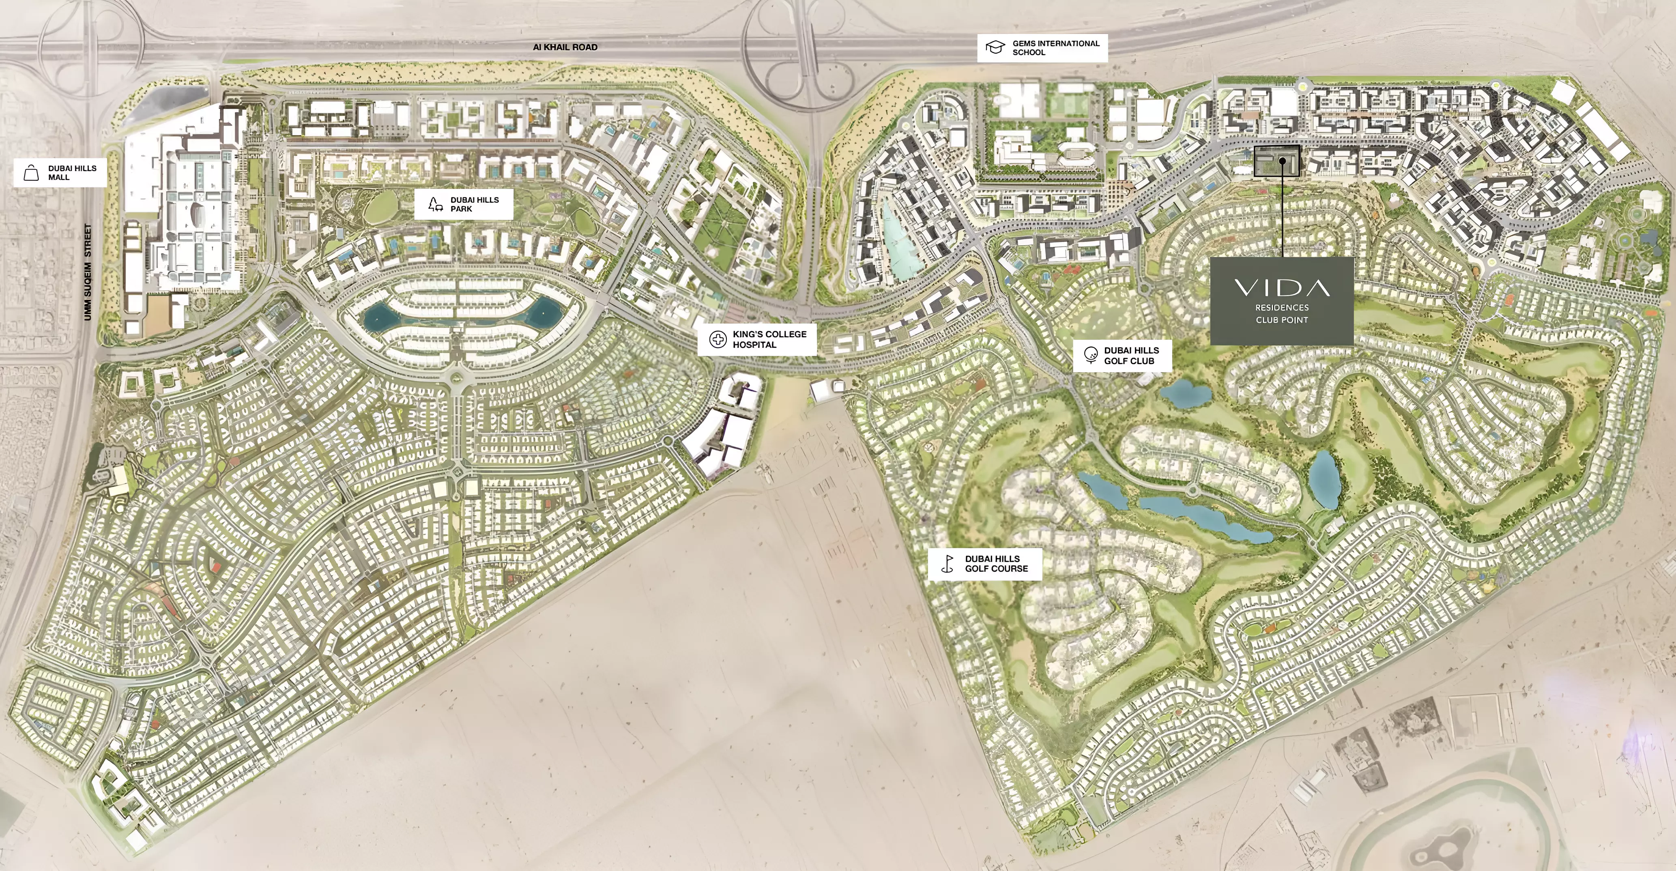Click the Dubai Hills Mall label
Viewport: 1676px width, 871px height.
click(x=71, y=172)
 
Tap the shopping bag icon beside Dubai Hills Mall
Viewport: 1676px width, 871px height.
click(x=30, y=172)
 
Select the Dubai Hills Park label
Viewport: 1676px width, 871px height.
click(x=474, y=204)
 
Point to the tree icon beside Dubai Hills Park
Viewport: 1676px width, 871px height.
click(x=434, y=204)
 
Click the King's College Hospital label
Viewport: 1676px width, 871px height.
click(x=769, y=339)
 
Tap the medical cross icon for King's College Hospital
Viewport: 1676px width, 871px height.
click(x=718, y=339)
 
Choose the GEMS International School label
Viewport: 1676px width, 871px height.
click(x=1055, y=47)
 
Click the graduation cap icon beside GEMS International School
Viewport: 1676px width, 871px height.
click(x=995, y=47)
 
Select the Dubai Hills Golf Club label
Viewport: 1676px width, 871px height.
click(x=1131, y=355)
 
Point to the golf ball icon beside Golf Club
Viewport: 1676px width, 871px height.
click(x=1090, y=355)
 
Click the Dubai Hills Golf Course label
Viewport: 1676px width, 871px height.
click(x=996, y=563)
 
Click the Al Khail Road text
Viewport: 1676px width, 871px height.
click(x=565, y=47)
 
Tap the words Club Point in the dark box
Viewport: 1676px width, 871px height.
click(x=1282, y=320)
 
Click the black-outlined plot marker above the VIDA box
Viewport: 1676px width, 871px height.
click(x=1276, y=161)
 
